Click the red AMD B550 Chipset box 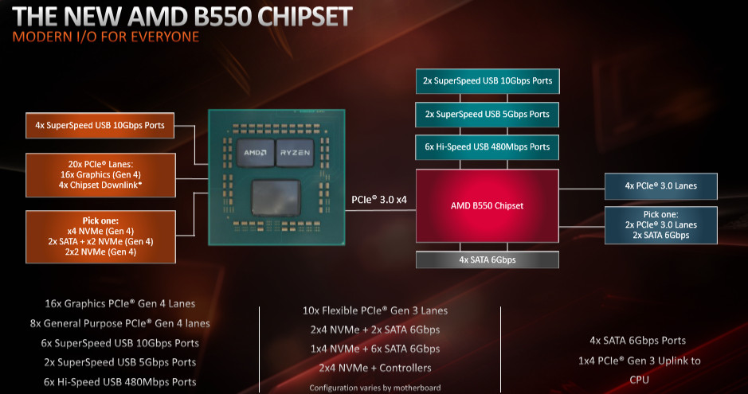coord(487,206)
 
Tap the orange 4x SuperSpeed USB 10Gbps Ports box coord(100,125)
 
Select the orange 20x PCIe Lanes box coord(100,175)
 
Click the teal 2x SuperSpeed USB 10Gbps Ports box coord(488,81)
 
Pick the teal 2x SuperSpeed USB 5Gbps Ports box coord(487,115)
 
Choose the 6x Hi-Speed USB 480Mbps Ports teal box coord(487,147)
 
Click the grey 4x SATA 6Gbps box coord(487,260)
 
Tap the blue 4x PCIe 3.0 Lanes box coord(660,186)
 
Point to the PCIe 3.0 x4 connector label coord(379,200)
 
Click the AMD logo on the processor coord(255,153)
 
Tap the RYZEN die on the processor coord(295,153)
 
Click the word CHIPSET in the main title coord(305,17)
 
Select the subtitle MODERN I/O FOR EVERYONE coord(105,37)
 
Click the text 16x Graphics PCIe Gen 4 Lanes coord(119,303)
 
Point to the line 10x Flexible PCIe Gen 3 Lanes coord(375,310)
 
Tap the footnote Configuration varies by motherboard coord(375,388)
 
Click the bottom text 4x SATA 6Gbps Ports coord(638,341)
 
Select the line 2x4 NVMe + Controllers coord(375,368)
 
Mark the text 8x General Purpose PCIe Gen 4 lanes coord(119,323)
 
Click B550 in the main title coord(221,17)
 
